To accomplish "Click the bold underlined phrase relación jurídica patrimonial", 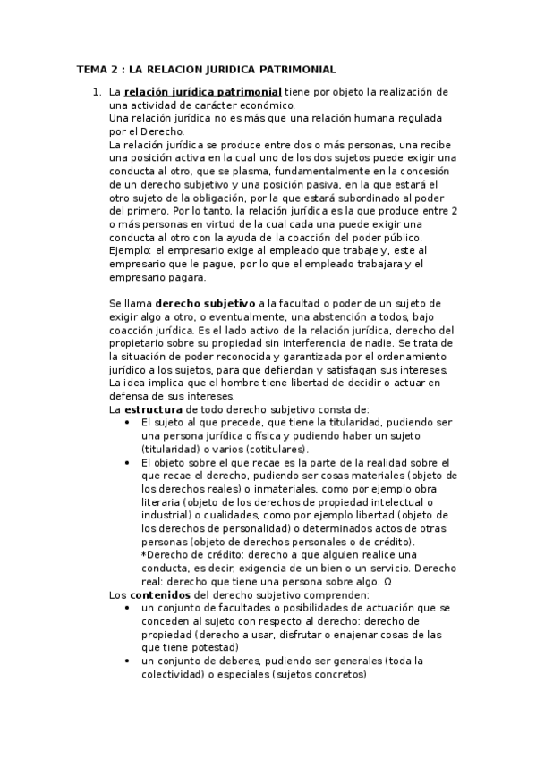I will pyautogui.click(x=203, y=92).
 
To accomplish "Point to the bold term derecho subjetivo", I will pyautogui.click(x=206, y=304).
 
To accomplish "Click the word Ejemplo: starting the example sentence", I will pyautogui.click(x=130, y=250).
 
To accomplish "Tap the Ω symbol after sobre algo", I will pyautogui.click(x=387, y=582).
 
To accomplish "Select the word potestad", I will pyautogui.click(x=214, y=647).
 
